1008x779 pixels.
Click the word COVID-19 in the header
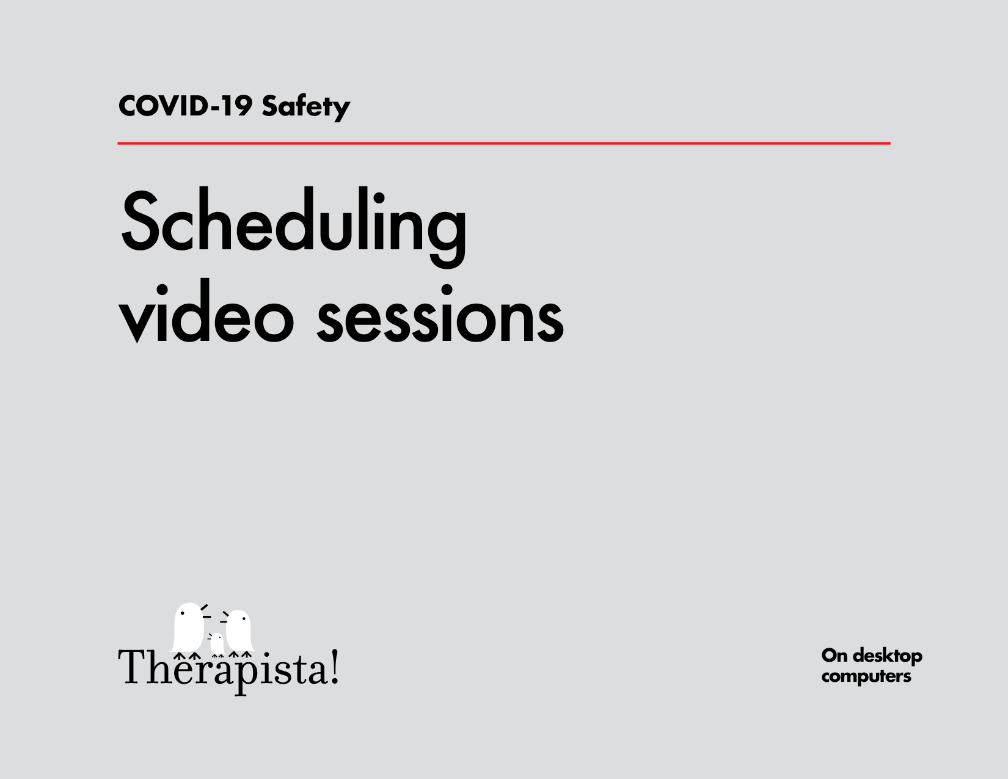click(184, 106)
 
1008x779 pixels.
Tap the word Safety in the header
click(305, 107)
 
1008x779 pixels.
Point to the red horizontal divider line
click(503, 144)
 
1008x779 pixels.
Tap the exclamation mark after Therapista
click(335, 667)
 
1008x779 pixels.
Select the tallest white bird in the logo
click(188, 628)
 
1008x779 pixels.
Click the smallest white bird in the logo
click(216, 644)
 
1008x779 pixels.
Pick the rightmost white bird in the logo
click(239, 631)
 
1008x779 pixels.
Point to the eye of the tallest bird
click(182, 613)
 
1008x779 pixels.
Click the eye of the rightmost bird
click(244, 619)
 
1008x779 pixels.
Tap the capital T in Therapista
click(131, 667)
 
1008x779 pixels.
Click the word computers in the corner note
click(866, 676)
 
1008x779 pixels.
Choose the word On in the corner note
click(834, 656)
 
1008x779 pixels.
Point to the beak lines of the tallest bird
click(205, 611)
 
